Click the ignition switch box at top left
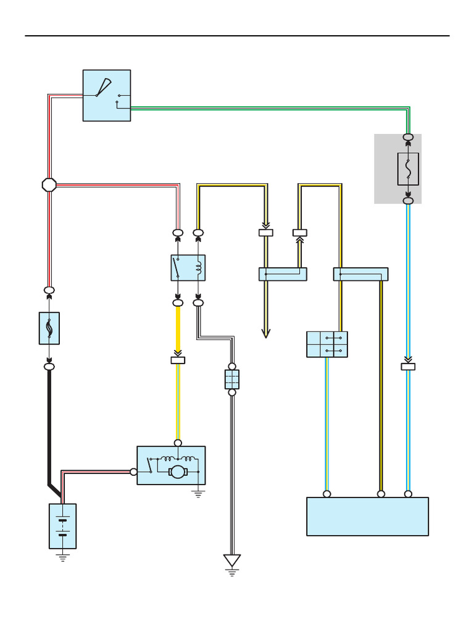point(107,95)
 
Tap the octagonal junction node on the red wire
point(49,185)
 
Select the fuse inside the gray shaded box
point(408,168)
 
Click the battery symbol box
point(62,526)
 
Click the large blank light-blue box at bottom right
point(367,517)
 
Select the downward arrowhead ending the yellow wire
point(266,333)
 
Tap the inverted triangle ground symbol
point(232,561)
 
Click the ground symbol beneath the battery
point(62,557)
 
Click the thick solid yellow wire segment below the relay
point(178,330)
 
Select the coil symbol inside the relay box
point(198,268)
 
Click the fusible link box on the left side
point(49,328)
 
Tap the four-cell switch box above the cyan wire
point(327,344)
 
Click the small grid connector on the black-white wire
point(232,380)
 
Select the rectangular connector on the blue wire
point(408,367)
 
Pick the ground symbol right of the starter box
point(198,493)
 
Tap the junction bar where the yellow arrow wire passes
point(283,274)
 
